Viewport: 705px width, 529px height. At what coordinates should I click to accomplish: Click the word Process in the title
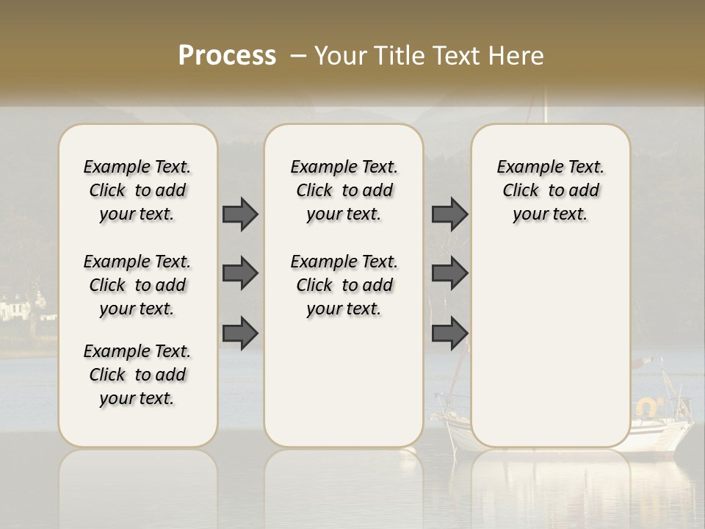[x=227, y=56]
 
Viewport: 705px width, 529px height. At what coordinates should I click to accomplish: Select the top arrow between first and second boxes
[x=240, y=214]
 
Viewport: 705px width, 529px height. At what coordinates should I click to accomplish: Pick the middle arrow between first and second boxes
[x=240, y=273]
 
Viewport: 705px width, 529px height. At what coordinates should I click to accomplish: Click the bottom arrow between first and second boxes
[x=240, y=334]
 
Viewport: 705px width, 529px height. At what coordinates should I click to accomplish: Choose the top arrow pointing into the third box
[x=449, y=214]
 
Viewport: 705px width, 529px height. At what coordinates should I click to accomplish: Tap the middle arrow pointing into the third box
[x=449, y=273]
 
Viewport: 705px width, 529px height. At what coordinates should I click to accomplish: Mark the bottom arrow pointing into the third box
[x=449, y=334]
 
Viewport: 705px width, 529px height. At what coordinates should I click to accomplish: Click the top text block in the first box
[x=137, y=190]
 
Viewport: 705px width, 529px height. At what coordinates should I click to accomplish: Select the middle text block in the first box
[x=137, y=285]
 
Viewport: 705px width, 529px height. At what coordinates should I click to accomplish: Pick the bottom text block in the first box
[x=137, y=375]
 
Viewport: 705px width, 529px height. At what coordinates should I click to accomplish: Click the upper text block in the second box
[x=344, y=190]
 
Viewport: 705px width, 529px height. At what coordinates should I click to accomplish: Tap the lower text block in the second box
[x=344, y=285]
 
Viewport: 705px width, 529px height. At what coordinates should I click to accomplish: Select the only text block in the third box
[x=550, y=190]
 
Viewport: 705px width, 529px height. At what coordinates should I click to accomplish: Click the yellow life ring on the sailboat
[x=648, y=406]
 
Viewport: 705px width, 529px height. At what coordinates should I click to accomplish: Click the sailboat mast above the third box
[x=545, y=107]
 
